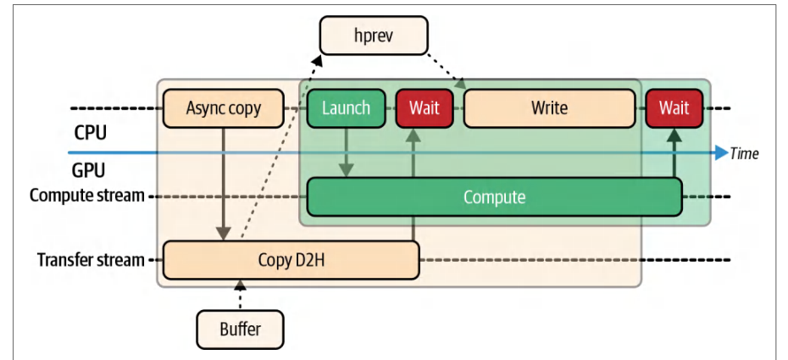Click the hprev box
(374, 35)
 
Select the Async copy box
(223, 108)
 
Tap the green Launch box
(347, 108)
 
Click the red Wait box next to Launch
(425, 108)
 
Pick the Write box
(549, 108)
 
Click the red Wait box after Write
(674, 108)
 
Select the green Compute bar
(495, 197)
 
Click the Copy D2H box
(291, 260)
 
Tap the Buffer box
(241, 330)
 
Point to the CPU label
(91, 135)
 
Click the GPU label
(89, 171)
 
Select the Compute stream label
(87, 196)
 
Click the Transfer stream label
(91, 260)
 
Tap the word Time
(744, 153)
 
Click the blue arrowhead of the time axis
(722, 152)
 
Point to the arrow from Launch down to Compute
(346, 152)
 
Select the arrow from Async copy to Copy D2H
(223, 185)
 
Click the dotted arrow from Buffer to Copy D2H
(241, 296)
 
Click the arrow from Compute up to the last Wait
(674, 152)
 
